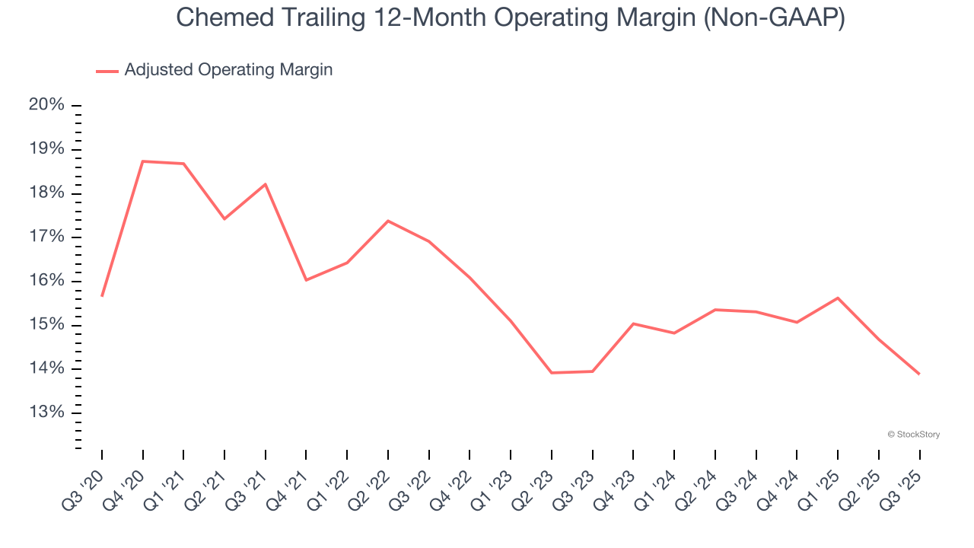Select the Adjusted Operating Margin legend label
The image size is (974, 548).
(x=228, y=70)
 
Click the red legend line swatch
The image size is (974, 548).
(x=107, y=71)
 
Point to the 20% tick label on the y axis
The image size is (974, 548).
(x=46, y=105)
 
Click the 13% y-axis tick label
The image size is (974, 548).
(x=46, y=413)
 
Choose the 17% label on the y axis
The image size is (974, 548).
(x=46, y=237)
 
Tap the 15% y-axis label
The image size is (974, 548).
(x=46, y=325)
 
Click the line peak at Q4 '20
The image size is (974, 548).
(x=143, y=161)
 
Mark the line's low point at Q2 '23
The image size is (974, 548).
(x=552, y=372)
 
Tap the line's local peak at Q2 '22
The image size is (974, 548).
(x=388, y=221)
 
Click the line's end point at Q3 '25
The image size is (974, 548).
(x=919, y=374)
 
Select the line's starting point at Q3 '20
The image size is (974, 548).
(x=102, y=295)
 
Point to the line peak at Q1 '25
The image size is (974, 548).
(x=838, y=298)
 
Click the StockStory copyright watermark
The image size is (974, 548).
(x=913, y=435)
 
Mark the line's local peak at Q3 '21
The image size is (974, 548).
(x=266, y=184)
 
